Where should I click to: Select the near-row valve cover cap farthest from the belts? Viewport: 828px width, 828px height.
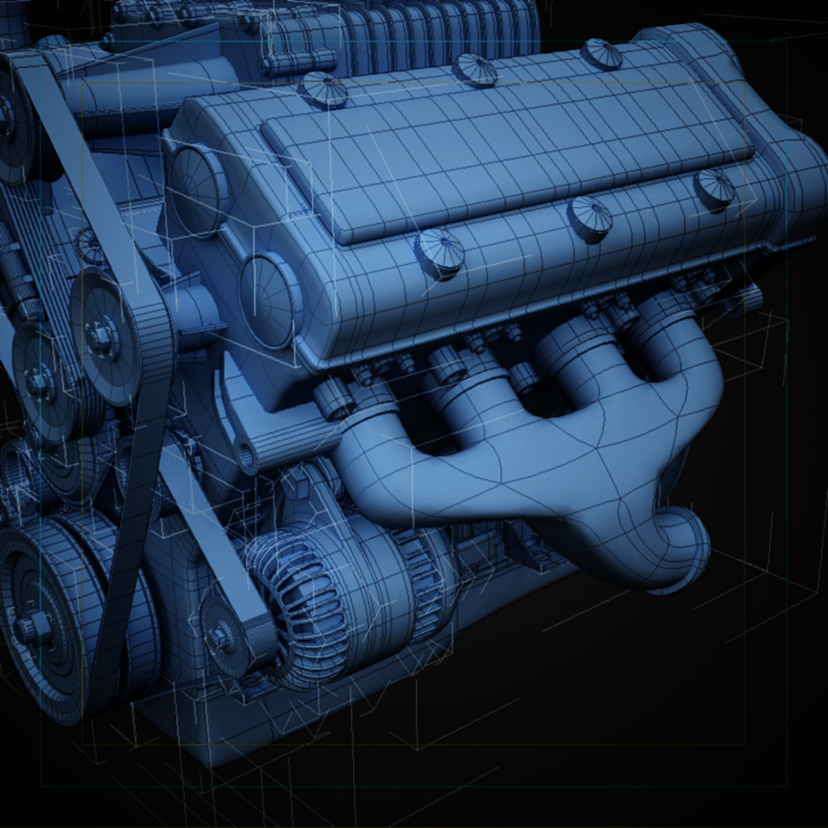(x=714, y=186)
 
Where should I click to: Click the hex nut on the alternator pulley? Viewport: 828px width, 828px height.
(x=219, y=631)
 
